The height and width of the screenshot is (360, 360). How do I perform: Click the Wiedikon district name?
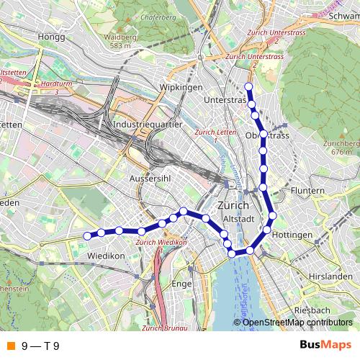(x=106, y=256)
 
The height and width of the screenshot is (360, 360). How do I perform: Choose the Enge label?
(x=181, y=284)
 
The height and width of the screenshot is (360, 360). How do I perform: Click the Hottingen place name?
(x=292, y=235)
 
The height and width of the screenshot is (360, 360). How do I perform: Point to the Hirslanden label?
(x=325, y=276)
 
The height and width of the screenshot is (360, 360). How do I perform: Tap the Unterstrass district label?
(x=225, y=99)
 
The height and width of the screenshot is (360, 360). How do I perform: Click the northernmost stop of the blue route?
(x=248, y=87)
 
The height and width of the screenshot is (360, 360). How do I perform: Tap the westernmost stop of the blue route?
(x=88, y=235)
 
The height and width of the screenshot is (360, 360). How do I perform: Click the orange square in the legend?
(x=10, y=345)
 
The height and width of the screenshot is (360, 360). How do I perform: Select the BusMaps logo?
(x=326, y=345)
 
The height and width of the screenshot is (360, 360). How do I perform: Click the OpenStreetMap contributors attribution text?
(x=297, y=323)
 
